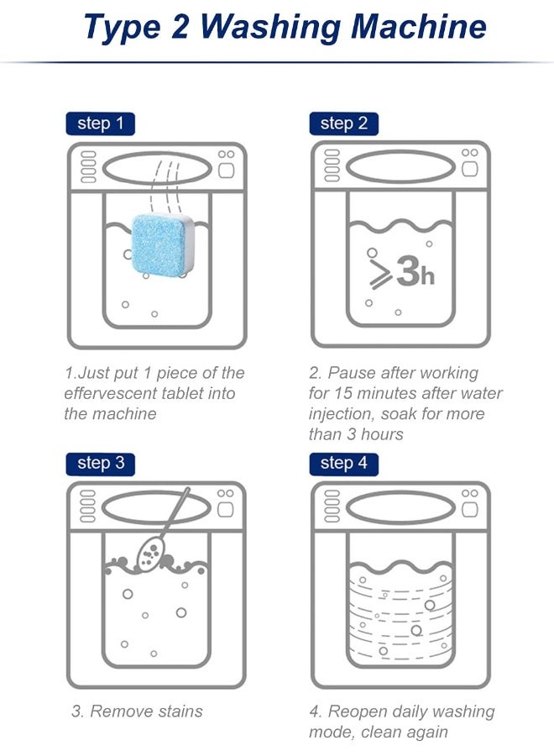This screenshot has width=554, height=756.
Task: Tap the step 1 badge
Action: point(100,124)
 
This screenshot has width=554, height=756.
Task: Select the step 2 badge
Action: point(343,124)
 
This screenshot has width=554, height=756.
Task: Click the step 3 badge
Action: point(100,464)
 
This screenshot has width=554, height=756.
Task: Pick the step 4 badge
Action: point(343,464)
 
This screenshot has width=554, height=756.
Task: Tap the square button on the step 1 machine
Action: point(226,171)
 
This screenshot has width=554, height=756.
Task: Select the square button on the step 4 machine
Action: point(470,510)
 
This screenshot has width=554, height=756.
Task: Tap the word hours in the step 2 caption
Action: point(382,434)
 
